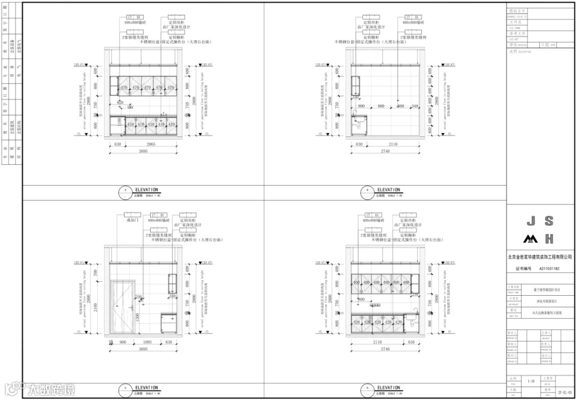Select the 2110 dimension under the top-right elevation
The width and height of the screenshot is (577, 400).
click(x=393, y=144)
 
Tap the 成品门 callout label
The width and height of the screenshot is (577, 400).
click(x=132, y=220)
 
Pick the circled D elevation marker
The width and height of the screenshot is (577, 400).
click(x=367, y=388)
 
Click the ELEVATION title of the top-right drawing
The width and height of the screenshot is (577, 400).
click(x=388, y=190)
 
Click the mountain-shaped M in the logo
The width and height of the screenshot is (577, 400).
click(x=531, y=238)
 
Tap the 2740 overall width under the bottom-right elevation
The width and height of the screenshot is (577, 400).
click(x=385, y=349)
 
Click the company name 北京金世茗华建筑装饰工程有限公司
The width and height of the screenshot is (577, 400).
click(x=540, y=257)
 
